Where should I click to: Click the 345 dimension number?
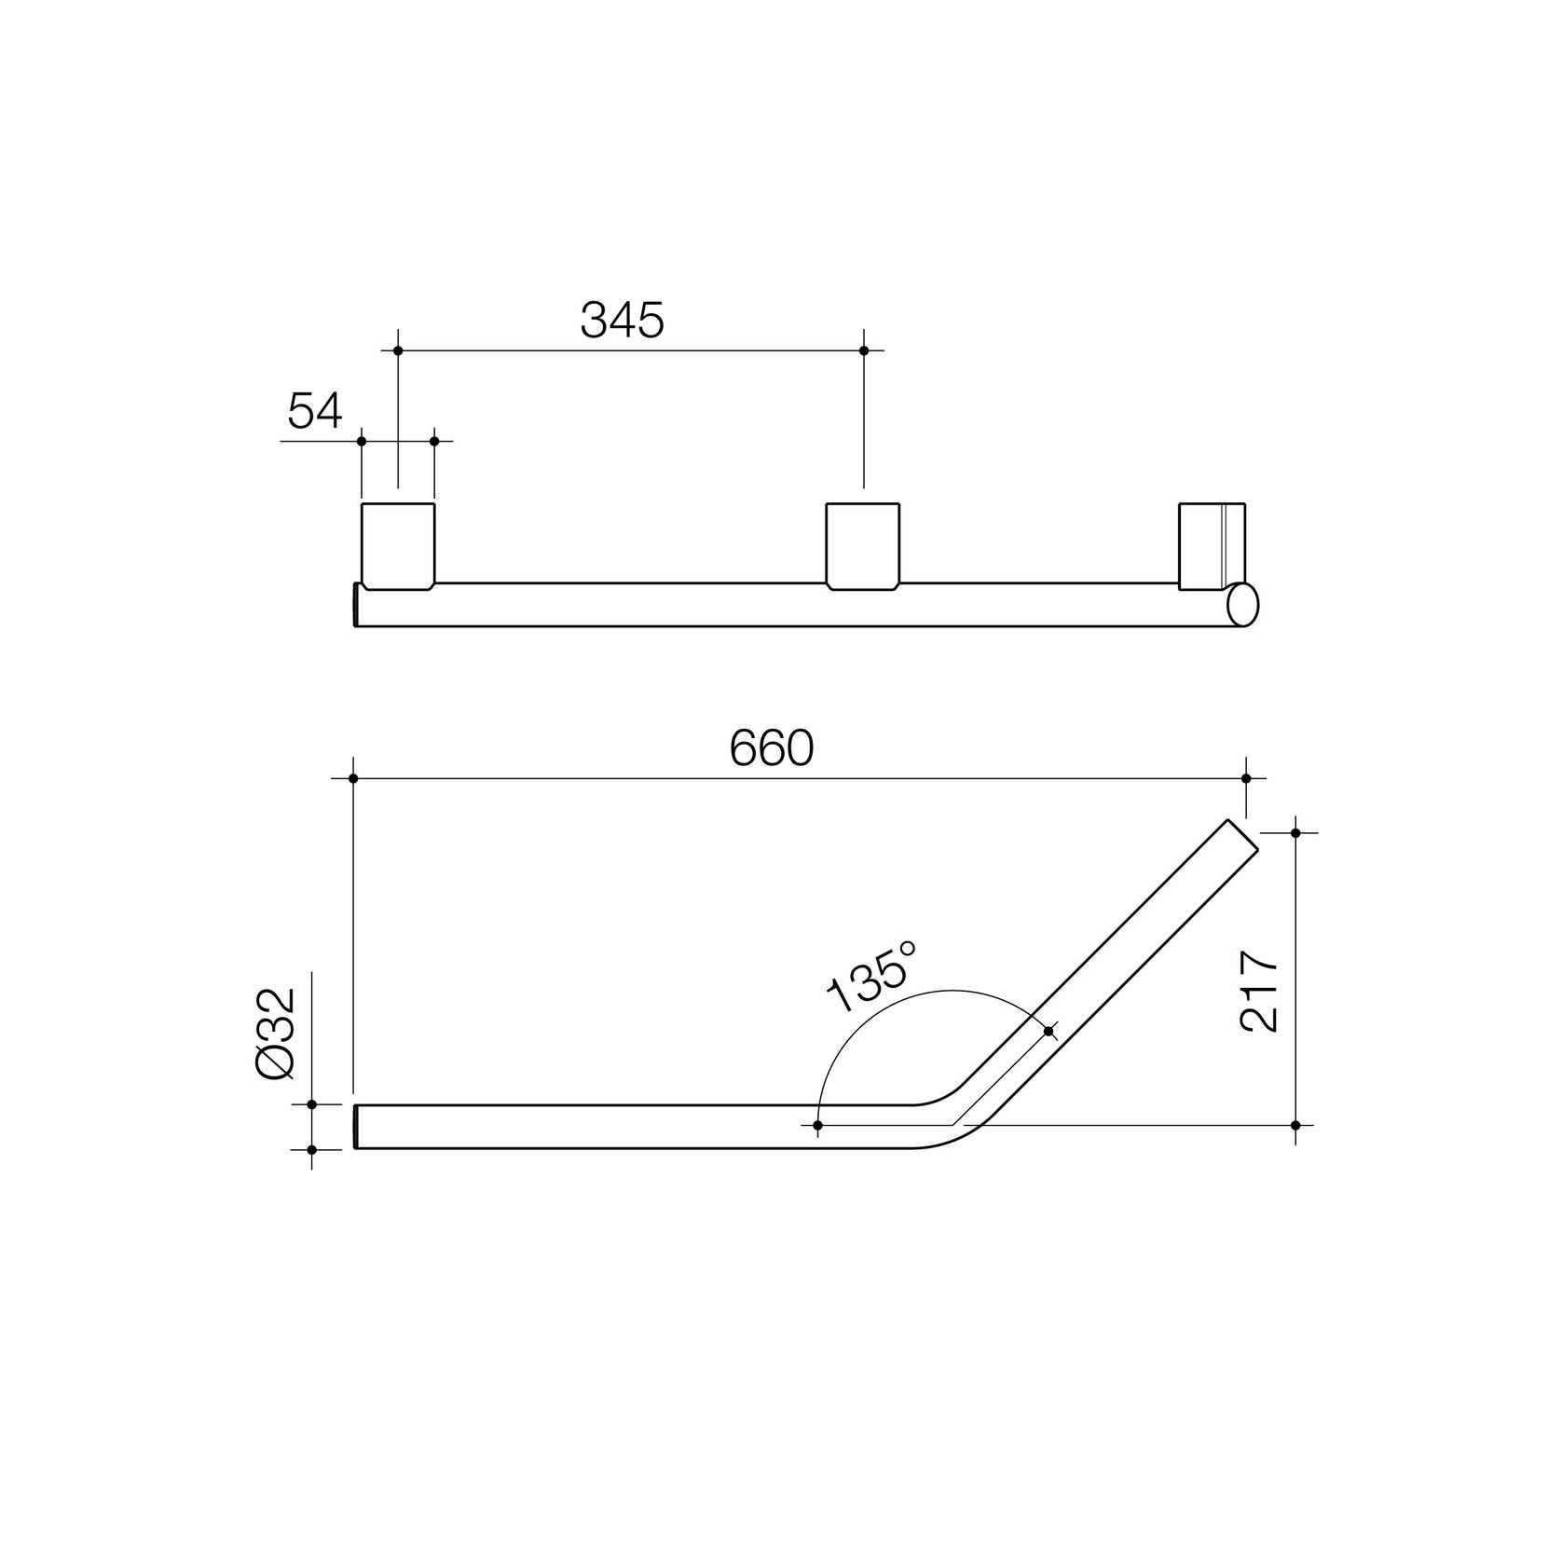click(622, 320)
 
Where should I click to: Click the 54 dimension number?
click(315, 410)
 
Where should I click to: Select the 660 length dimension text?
click(772, 748)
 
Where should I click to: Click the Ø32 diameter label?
click(276, 1034)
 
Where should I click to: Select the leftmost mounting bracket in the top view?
click(398, 545)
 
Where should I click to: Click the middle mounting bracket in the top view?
click(864, 545)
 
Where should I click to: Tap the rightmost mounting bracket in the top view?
click(1212, 545)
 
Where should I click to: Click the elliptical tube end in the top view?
click(1243, 604)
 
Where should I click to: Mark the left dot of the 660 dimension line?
click(353, 777)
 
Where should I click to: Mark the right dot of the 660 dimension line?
click(1246, 777)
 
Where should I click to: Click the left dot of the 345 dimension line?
click(398, 350)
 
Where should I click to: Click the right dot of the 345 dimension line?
click(864, 350)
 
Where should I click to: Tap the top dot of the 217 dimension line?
click(1295, 832)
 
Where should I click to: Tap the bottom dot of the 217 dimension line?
click(1295, 1126)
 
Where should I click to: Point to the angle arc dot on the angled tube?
click(1049, 1031)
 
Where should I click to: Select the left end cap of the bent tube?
click(356, 1126)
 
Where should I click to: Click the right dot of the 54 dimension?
click(434, 440)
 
